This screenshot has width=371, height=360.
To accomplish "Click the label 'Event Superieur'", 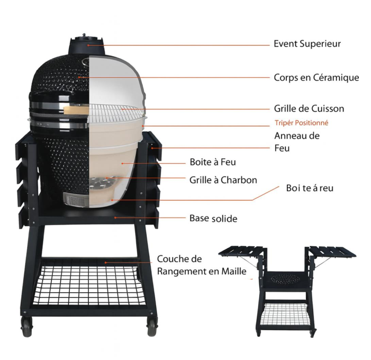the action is [307, 44].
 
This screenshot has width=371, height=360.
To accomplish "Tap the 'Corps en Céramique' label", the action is [316, 78].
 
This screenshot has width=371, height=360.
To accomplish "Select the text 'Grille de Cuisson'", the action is [309, 109].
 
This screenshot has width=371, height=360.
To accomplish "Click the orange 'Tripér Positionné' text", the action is [302, 123].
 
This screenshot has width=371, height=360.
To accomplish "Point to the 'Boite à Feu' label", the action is [213, 162].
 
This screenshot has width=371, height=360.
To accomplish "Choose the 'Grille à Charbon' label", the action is [223, 180].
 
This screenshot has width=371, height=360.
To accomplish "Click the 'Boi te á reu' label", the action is [310, 188].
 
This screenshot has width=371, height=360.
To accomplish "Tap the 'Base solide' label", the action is [213, 219].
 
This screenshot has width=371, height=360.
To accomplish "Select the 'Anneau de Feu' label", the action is [297, 142].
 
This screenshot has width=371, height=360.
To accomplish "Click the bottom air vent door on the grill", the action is [76, 199].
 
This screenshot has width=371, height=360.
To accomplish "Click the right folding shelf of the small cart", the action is [332, 253].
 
